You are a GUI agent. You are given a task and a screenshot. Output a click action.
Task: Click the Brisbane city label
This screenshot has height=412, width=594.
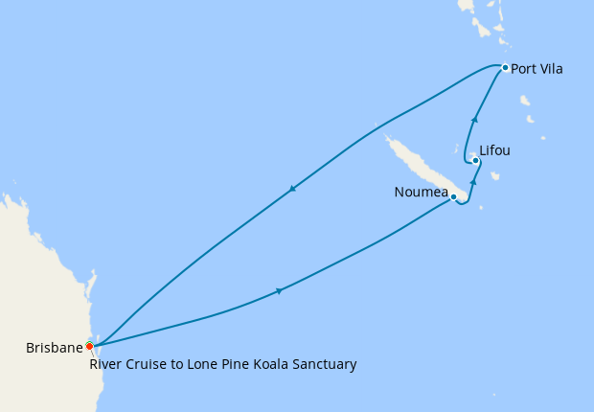(54, 348)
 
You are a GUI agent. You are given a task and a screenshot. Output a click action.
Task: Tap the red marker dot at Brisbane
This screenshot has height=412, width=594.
(89, 346)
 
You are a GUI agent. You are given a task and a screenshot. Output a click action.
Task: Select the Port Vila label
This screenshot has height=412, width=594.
(537, 69)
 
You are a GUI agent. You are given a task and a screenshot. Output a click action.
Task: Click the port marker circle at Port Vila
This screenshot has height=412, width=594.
(505, 67)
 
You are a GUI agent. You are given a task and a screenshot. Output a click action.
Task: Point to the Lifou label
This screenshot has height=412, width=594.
(495, 150)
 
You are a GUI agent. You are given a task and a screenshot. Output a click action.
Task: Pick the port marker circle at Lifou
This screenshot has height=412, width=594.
(476, 160)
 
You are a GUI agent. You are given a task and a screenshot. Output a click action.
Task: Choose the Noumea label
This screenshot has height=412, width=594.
(422, 193)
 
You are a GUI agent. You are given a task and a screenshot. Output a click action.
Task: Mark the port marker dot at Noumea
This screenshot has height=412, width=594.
(453, 197)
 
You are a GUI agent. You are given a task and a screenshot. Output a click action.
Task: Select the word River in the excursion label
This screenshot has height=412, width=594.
(106, 364)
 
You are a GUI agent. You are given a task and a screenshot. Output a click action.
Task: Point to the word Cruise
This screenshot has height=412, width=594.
(147, 364)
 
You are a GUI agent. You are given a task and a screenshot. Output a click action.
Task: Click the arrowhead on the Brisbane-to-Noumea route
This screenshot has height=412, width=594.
(278, 290)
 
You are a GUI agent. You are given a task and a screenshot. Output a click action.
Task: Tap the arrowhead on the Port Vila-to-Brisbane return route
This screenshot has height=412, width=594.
(292, 189)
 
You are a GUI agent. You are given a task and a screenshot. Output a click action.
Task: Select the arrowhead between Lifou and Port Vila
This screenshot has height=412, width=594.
(475, 119)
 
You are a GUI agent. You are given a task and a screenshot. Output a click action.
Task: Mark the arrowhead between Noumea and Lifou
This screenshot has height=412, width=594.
(473, 179)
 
